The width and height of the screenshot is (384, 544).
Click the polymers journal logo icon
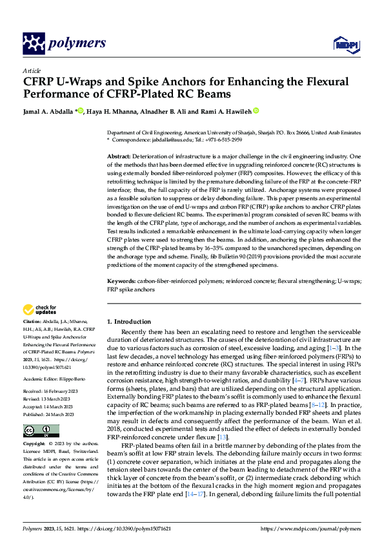(x=34, y=43)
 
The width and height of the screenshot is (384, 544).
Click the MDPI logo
(x=344, y=44)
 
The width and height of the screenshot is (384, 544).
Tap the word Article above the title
(x=32, y=70)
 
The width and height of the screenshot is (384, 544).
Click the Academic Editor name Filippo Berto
(x=76, y=361)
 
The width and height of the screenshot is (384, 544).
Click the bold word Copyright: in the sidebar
(x=35, y=426)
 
